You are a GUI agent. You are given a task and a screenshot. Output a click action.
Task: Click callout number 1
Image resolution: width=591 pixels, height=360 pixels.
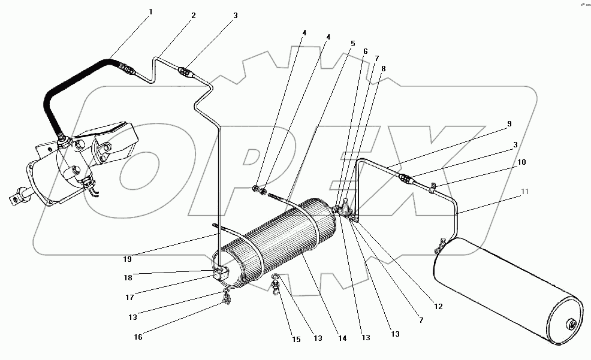point(152,13)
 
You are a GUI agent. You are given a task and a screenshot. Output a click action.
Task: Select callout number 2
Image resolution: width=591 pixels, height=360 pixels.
point(194,16)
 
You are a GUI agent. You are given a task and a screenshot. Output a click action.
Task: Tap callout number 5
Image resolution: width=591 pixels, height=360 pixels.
point(353,43)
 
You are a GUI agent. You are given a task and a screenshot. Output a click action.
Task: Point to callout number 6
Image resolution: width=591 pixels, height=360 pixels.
point(365,52)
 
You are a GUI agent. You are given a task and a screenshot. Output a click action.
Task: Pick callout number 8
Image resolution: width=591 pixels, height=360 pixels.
point(384,68)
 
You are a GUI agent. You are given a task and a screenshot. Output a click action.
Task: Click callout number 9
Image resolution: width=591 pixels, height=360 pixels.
point(509,123)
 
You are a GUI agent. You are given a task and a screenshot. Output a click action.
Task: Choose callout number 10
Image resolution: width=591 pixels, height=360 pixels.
point(522,162)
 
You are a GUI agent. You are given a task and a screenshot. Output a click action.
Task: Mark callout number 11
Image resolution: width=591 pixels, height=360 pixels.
point(525,192)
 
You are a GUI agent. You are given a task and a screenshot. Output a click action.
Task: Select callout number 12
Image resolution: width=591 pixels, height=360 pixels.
point(438,306)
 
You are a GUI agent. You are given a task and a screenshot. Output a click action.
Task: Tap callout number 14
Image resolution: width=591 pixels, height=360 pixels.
point(342,338)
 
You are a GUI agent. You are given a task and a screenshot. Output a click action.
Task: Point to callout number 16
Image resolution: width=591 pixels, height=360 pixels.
point(138,337)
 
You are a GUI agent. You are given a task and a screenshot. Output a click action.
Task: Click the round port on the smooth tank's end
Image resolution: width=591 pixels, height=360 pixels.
point(571,326)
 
